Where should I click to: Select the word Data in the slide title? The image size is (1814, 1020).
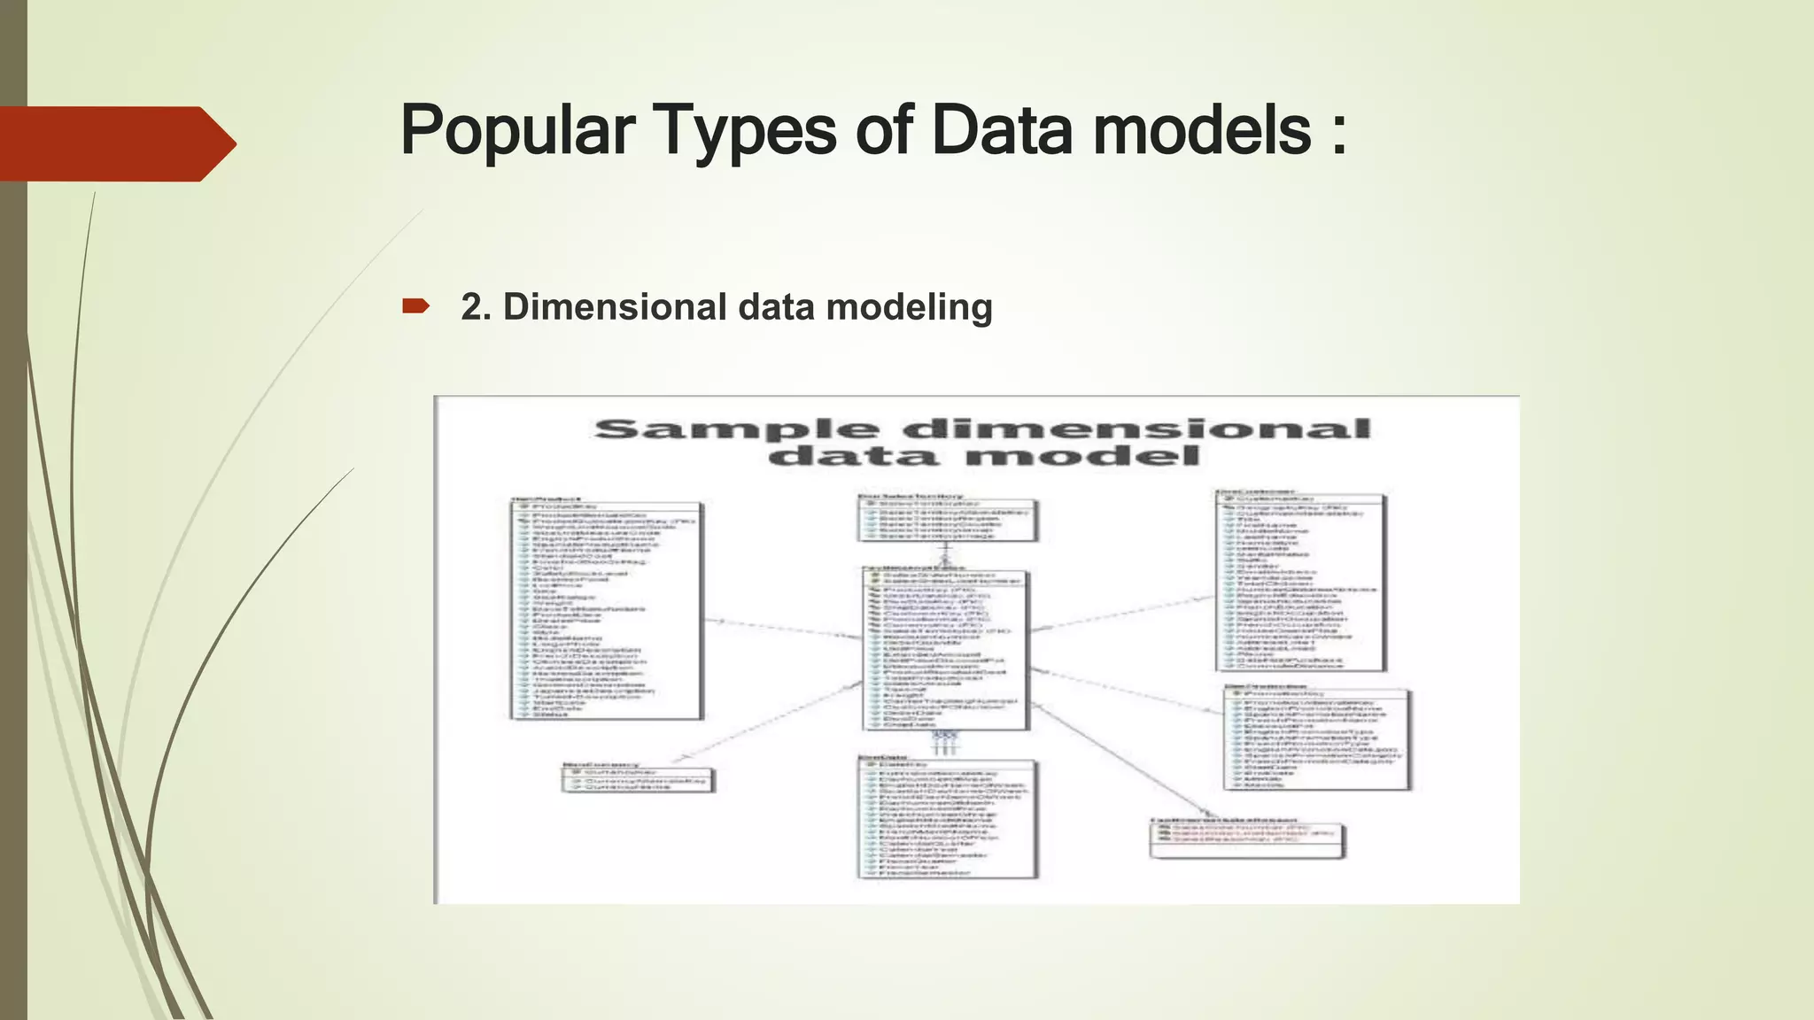pos(1002,131)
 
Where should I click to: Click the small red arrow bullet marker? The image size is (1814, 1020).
pos(415,306)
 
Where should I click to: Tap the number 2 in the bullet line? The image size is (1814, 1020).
pos(471,307)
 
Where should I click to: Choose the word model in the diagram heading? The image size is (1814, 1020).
pos(1081,457)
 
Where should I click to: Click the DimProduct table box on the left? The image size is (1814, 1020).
pos(607,611)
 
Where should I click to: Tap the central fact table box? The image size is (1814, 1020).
pos(945,651)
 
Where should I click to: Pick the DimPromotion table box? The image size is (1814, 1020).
pos(1317,739)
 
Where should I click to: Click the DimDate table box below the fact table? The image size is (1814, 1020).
pos(947,819)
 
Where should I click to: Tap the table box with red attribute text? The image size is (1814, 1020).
pos(1247,840)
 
